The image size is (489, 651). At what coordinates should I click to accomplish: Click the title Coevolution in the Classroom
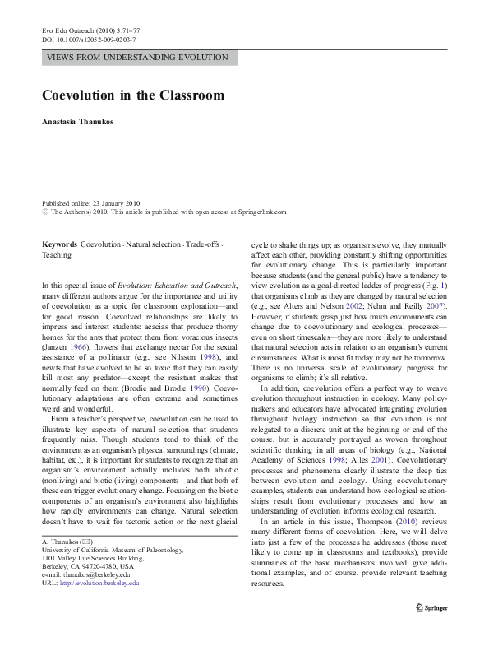pos(133,95)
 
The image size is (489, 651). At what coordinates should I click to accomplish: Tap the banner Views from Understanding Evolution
pos(141,58)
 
